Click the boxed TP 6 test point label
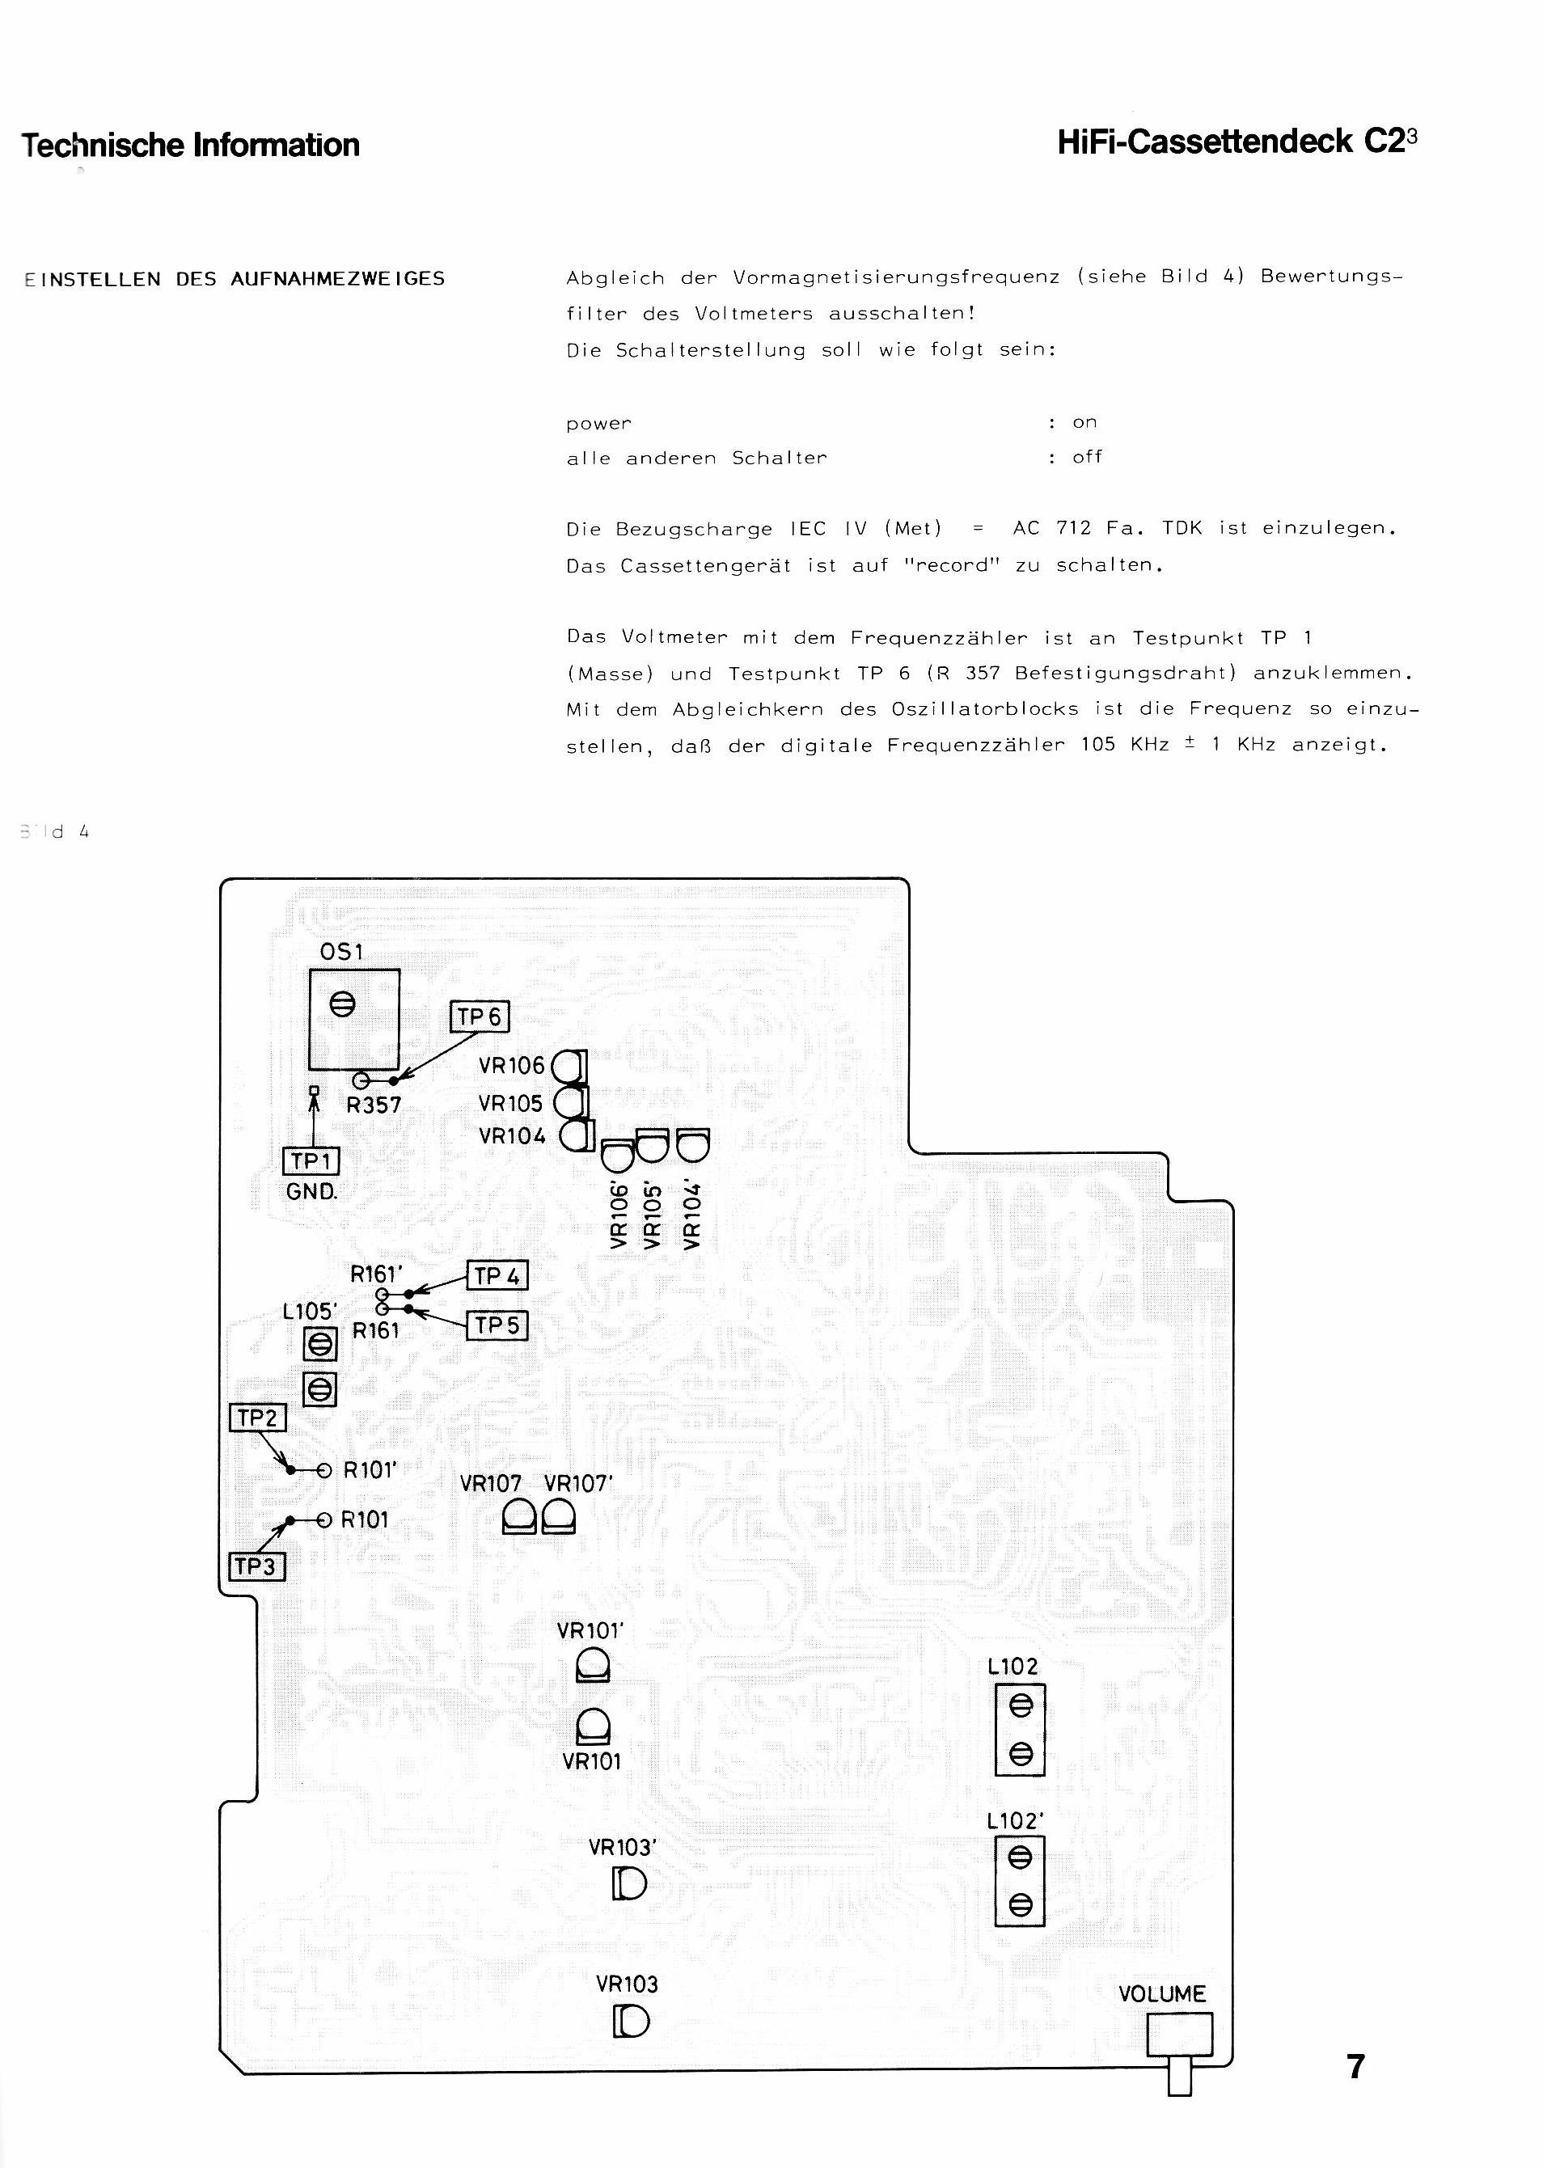pyautogui.click(x=479, y=1016)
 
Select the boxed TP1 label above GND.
pyautogui.click(x=311, y=1161)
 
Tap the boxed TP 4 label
pyautogui.click(x=497, y=1276)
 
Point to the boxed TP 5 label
pyautogui.click(x=497, y=1325)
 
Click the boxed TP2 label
pyautogui.click(x=257, y=1418)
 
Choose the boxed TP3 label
pyautogui.click(x=256, y=1566)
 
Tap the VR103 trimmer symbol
pyautogui.click(x=631, y=2022)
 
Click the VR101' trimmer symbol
pyautogui.click(x=593, y=1666)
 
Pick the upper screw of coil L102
pyautogui.click(x=1020, y=1706)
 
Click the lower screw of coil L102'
pyautogui.click(x=1020, y=1903)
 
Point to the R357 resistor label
pyautogui.click(x=374, y=1105)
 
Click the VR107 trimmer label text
pyautogui.click(x=490, y=1483)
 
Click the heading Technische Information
pyautogui.click(x=190, y=146)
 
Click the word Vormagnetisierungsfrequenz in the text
pyautogui.click(x=896, y=277)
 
